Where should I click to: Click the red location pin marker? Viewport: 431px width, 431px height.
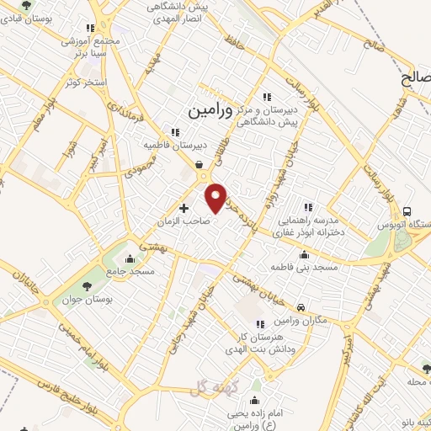[x=216, y=197]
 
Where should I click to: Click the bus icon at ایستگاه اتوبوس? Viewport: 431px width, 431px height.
[x=408, y=211]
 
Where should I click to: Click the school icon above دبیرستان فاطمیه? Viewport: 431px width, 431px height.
[x=175, y=131]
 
